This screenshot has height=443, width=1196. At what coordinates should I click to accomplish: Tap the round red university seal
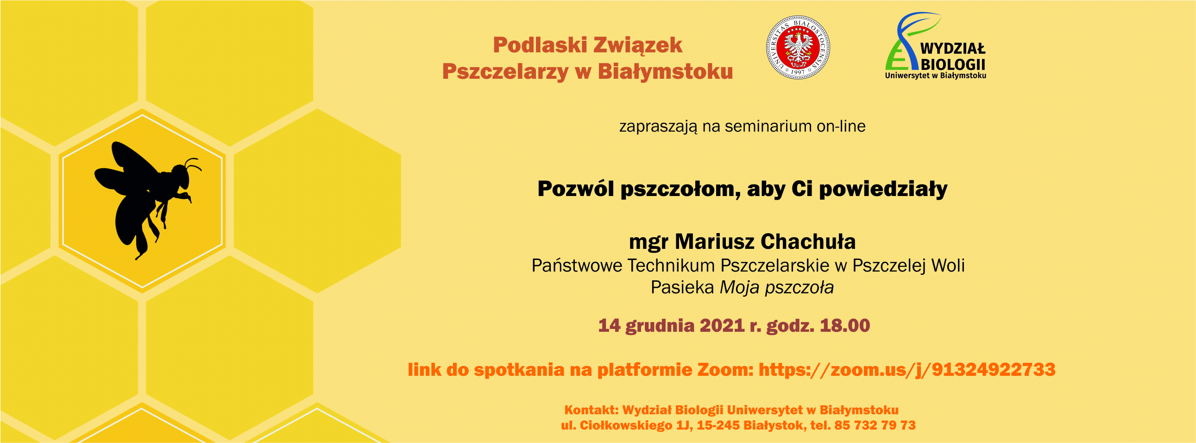click(798, 47)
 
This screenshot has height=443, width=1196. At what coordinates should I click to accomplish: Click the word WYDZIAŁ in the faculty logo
click(953, 48)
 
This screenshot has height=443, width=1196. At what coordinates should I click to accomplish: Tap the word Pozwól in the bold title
click(575, 189)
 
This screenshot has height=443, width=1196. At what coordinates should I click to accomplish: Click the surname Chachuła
click(808, 241)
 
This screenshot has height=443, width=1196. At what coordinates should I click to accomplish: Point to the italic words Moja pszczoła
click(777, 288)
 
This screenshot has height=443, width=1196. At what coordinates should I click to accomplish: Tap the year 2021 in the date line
click(722, 325)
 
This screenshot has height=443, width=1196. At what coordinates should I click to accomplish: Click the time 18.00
click(844, 325)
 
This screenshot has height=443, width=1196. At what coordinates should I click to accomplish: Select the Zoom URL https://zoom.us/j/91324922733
click(907, 370)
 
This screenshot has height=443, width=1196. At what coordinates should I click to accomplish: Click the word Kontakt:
click(592, 410)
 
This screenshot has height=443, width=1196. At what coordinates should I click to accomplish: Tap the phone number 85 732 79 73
click(875, 425)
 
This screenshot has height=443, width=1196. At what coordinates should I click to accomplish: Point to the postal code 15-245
click(718, 425)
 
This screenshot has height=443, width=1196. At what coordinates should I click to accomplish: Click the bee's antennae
click(193, 164)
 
